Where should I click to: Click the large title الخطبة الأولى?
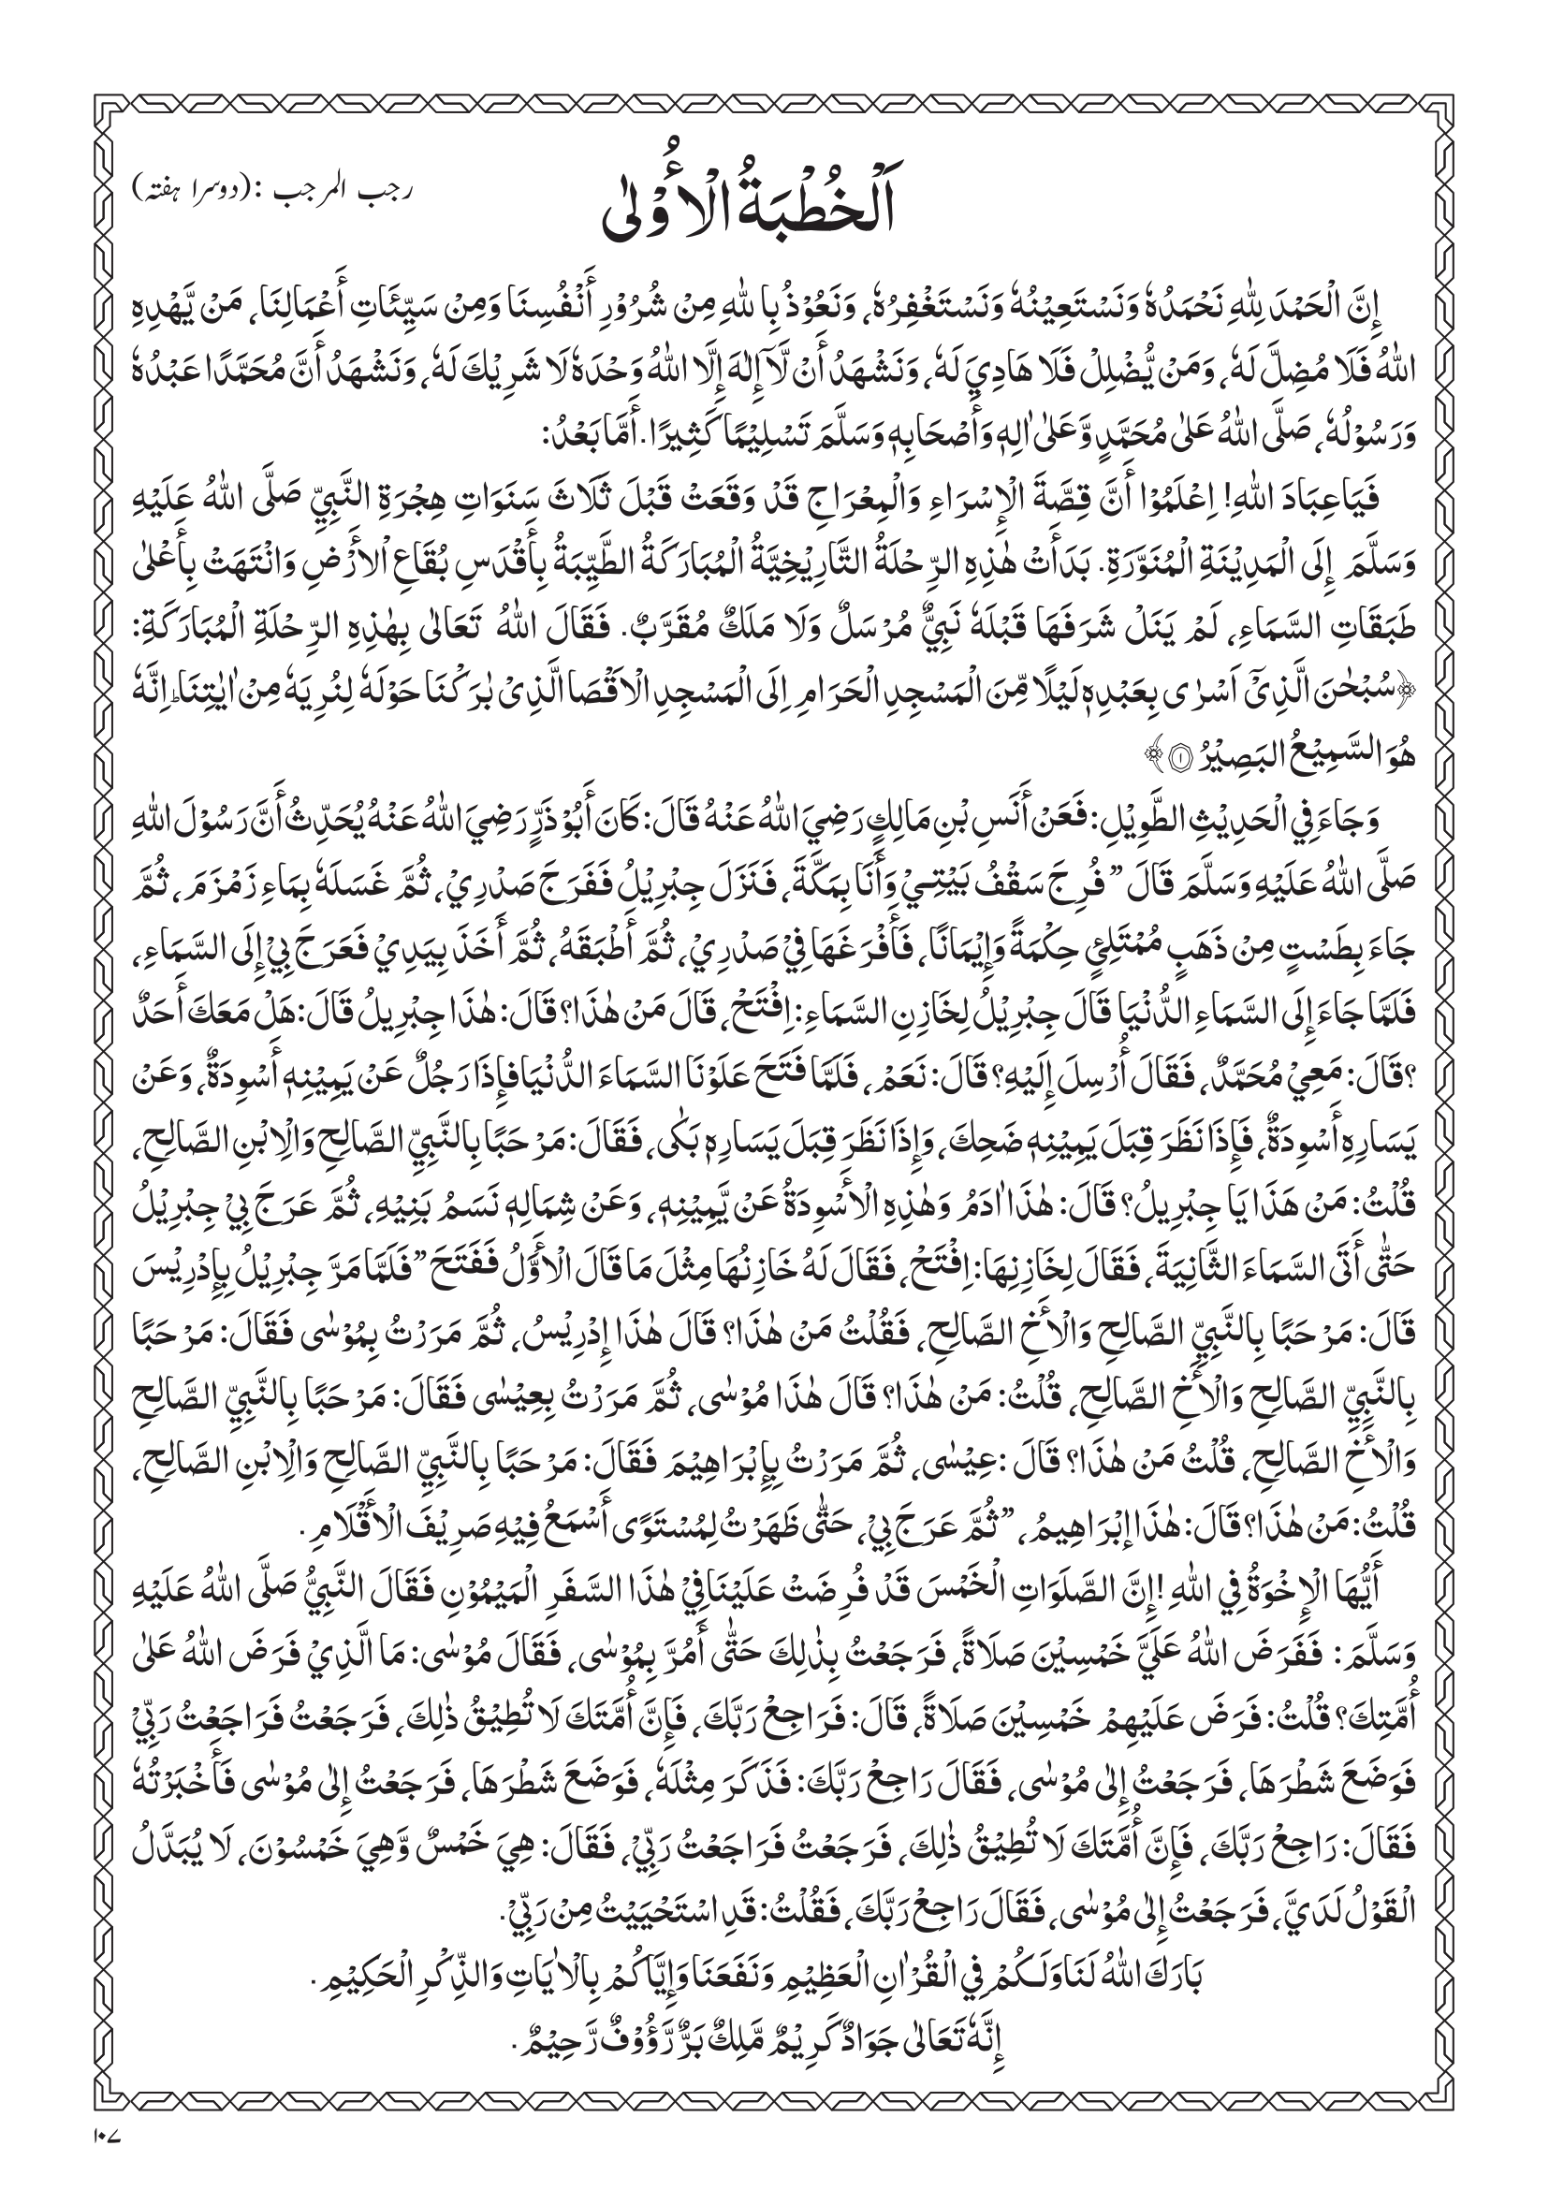772,208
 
